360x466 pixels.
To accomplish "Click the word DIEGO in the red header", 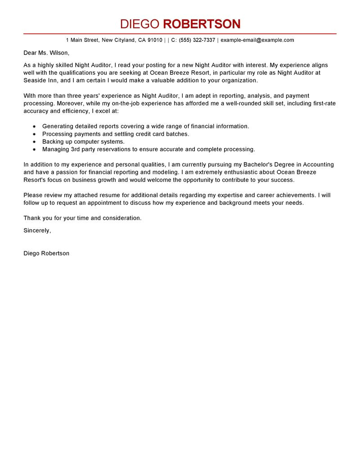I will point(140,24).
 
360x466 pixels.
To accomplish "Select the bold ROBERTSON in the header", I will point(201,24).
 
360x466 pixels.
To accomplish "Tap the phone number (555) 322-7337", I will point(197,40).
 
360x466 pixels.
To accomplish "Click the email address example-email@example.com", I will point(257,40).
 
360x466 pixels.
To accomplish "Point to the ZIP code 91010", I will point(155,40).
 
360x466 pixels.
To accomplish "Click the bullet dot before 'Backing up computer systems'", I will point(34,142).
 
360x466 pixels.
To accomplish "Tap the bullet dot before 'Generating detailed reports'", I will point(34,127).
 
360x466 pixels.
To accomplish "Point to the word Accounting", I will point(319,165).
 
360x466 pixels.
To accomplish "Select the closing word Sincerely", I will point(37,231).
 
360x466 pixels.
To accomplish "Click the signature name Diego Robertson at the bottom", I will point(46,253).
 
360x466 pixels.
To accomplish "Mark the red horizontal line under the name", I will point(180,34).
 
